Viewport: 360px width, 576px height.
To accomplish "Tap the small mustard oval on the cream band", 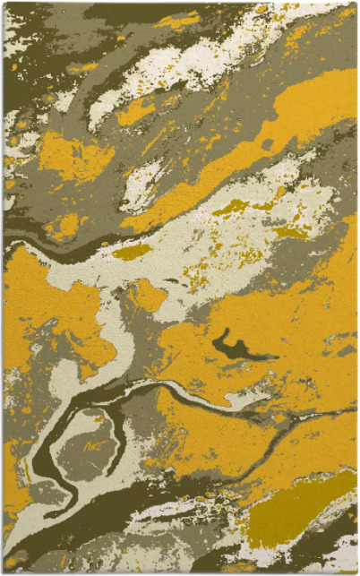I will (132, 252).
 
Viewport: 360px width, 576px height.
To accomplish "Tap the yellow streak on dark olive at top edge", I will (179, 19).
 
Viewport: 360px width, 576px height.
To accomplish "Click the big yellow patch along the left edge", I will (45, 305).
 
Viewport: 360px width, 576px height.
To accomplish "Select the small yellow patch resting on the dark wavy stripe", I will (64, 224).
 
